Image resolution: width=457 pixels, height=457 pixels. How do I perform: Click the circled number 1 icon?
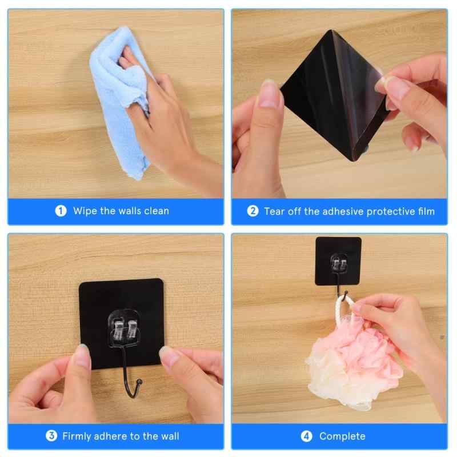coord(61,211)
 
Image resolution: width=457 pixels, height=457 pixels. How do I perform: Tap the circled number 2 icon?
coord(252,211)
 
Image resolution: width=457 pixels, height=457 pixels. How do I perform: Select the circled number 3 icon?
coord(51,436)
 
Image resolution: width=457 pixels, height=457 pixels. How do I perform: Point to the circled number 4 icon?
coord(306,436)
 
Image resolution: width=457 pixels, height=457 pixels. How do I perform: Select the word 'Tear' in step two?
coord(274,211)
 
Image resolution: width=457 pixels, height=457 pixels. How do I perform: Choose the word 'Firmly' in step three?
coord(77,436)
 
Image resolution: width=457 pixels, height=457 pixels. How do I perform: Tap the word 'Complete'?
coord(342,436)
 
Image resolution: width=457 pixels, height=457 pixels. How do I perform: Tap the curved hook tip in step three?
coord(139,382)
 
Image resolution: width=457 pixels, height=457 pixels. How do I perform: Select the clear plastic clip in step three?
coord(123,328)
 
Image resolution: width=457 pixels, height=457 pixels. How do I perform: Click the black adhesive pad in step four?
coord(338,261)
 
